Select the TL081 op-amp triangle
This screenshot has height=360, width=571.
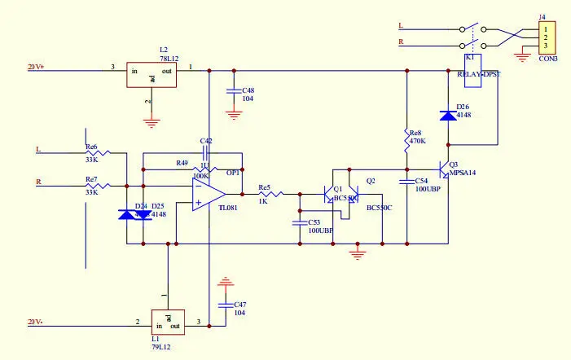pos(208,195)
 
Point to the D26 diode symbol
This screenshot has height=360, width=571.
pos(446,116)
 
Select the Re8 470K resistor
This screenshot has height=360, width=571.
pos(406,139)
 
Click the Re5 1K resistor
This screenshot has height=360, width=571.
pos(271,195)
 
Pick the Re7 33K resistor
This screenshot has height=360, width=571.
pos(109,185)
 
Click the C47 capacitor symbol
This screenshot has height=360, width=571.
pos(226,305)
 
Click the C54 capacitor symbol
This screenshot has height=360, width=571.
pos(406,179)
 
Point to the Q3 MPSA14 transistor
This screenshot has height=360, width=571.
pos(443,169)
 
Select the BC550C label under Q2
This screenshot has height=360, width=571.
pos(379,209)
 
